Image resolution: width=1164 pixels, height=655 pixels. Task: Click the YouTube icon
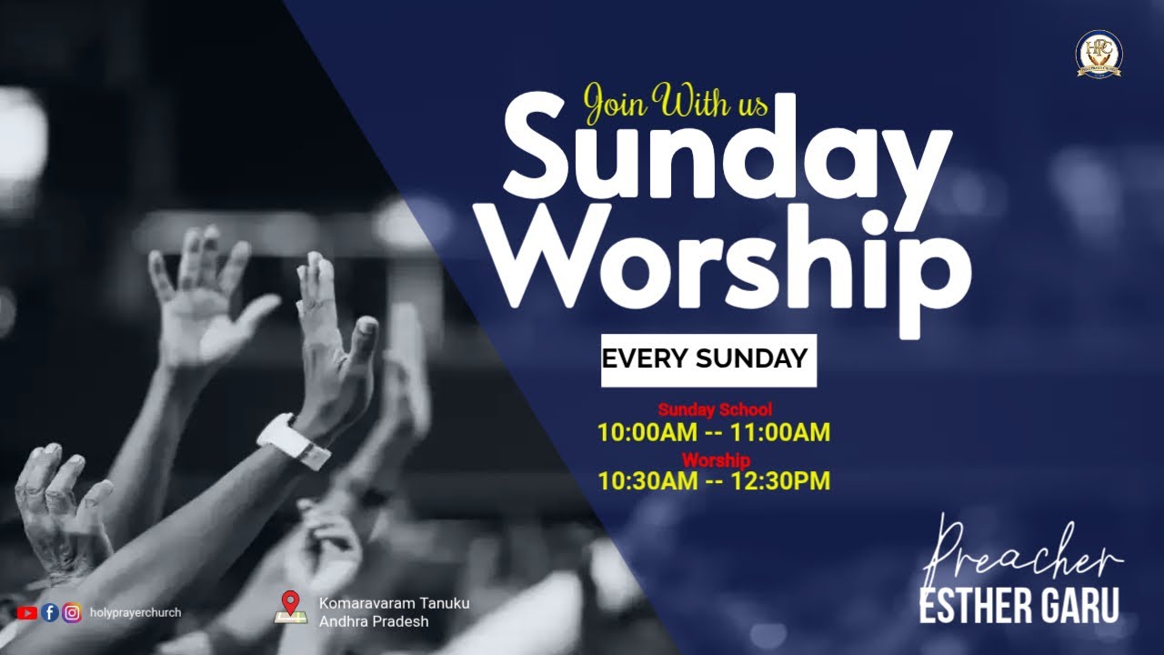pos(26,613)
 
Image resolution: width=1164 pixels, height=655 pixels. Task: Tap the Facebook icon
pos(50,613)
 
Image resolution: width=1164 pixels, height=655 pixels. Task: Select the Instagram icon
pos(73,613)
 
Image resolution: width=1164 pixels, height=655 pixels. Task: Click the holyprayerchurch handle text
pos(135,613)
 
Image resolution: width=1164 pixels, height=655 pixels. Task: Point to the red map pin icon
pos(290,603)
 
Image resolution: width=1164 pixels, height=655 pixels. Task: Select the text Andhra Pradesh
pos(374,622)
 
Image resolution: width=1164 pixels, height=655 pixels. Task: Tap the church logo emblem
pos(1099,55)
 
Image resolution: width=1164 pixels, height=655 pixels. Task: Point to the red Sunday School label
pos(715,410)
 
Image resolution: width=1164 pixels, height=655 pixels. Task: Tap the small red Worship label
pos(716,459)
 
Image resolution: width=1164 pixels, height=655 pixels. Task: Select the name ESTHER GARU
pos(1018,607)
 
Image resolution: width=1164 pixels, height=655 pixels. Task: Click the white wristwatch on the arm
pos(293,441)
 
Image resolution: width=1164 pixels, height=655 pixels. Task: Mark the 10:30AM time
pos(647,481)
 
